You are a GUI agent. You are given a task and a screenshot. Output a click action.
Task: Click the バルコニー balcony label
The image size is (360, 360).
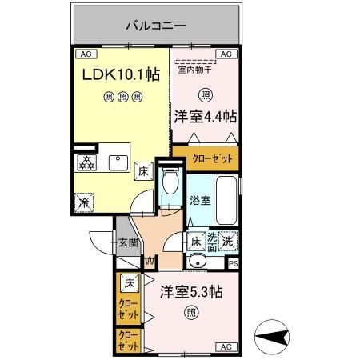click(156, 26)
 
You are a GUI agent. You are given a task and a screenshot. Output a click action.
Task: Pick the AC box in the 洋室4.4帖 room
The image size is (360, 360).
click(225, 54)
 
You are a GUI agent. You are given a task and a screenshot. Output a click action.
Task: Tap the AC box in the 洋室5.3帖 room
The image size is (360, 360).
click(225, 346)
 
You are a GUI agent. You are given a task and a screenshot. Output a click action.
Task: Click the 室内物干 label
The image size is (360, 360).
click(194, 70)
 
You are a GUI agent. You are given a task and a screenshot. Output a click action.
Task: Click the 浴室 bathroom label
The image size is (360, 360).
click(201, 201)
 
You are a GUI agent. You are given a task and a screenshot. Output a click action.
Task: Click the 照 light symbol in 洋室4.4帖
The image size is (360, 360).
click(206, 95)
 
